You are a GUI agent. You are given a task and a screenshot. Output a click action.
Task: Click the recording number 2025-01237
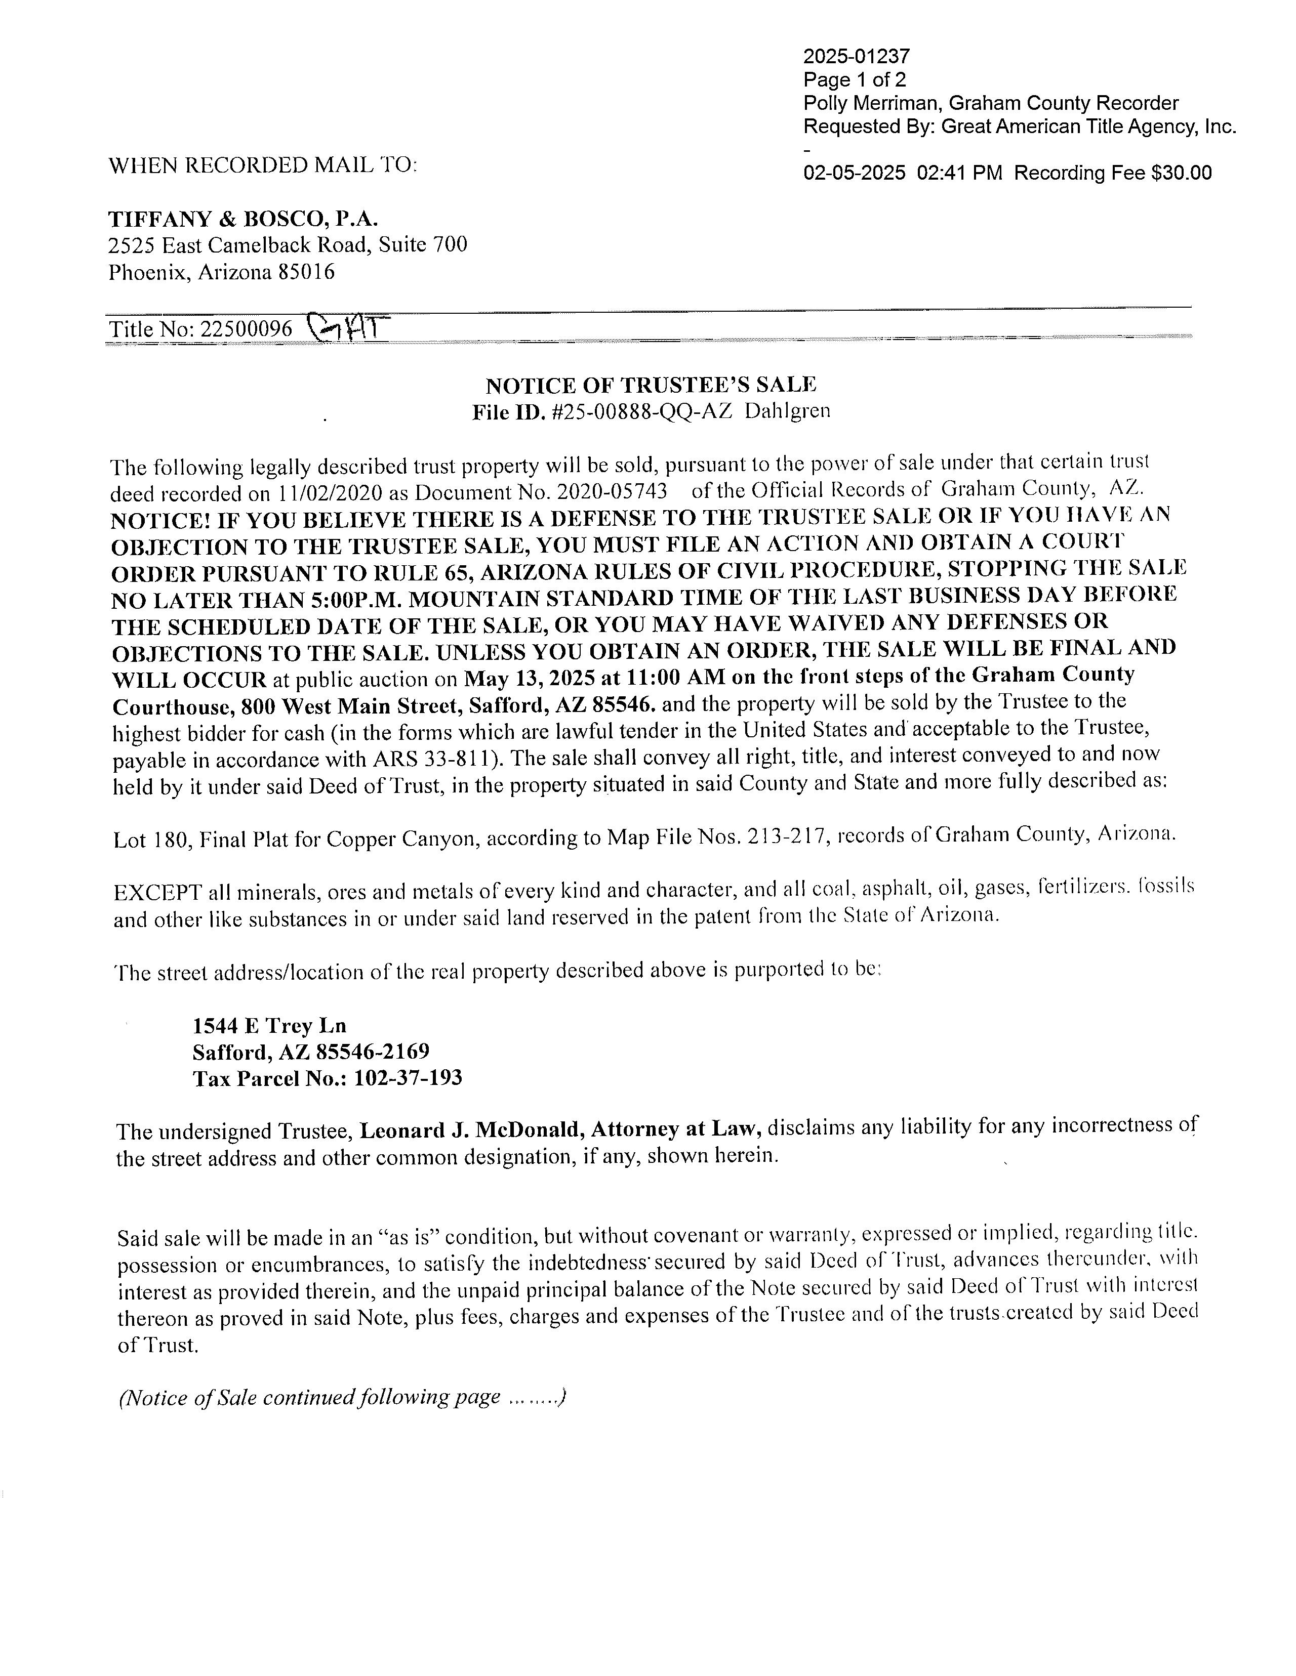(x=856, y=56)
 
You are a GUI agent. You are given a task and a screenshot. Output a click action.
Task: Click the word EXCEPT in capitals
(x=157, y=893)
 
